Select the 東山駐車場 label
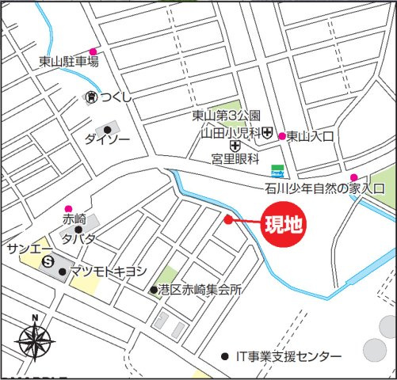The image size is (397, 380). tap(69, 61)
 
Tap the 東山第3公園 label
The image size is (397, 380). tap(226, 116)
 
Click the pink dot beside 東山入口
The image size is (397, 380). tap(281, 135)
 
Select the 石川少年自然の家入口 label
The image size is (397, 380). tap(324, 188)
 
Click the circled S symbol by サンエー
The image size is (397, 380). tap(48, 261)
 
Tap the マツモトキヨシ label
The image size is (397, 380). tap(109, 271)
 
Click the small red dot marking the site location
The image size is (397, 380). tap(228, 220)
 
